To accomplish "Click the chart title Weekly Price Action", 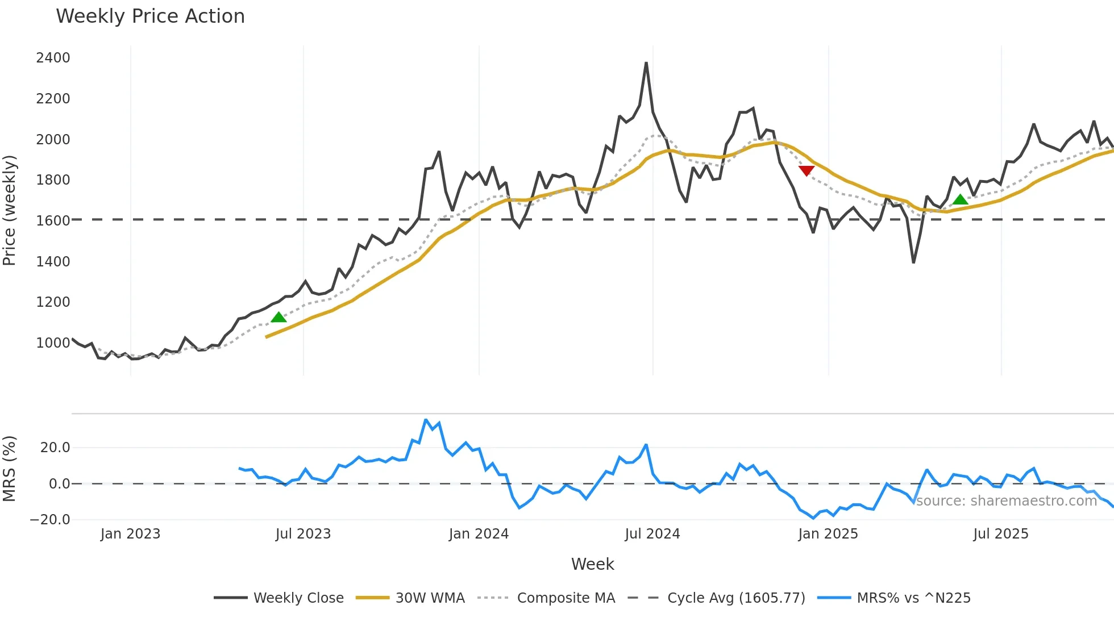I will point(150,16).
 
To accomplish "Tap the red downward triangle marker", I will point(806,170).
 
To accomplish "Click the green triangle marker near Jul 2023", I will point(278,317).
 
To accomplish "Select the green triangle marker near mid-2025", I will point(960,199).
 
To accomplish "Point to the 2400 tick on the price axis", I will point(53,58).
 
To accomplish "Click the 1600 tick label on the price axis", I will point(53,221).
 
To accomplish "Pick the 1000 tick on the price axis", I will point(53,343).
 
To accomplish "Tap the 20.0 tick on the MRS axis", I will point(55,448).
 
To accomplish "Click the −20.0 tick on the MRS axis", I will point(50,520).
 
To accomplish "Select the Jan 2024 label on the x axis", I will point(479,534).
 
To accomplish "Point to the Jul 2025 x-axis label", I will point(1000,534).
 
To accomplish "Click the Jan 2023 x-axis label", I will point(130,534).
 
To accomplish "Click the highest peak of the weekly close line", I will point(646,63).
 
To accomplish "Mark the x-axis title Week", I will point(592,564).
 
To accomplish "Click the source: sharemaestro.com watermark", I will point(1006,501).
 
